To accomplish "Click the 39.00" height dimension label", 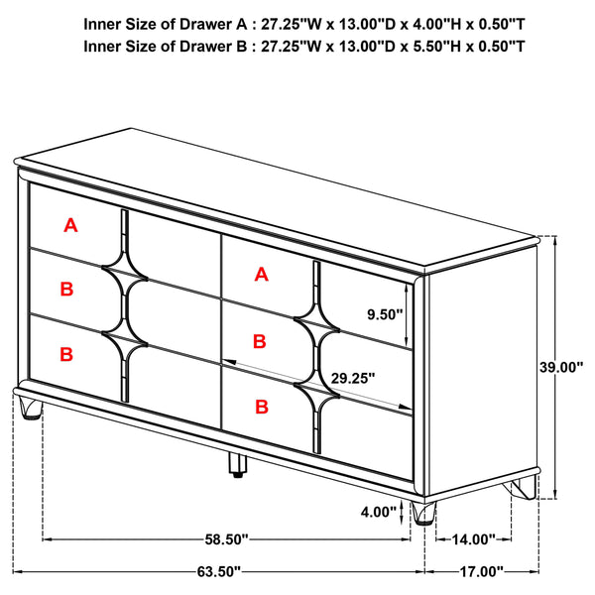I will point(561,367).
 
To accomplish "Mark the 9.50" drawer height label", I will point(385,315).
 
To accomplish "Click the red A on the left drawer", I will point(70,226).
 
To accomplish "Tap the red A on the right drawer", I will point(261,275).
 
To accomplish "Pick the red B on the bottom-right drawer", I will point(262,406).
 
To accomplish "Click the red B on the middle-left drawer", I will point(67,290).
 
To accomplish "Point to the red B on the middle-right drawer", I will point(260,341).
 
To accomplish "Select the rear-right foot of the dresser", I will point(522,488).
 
